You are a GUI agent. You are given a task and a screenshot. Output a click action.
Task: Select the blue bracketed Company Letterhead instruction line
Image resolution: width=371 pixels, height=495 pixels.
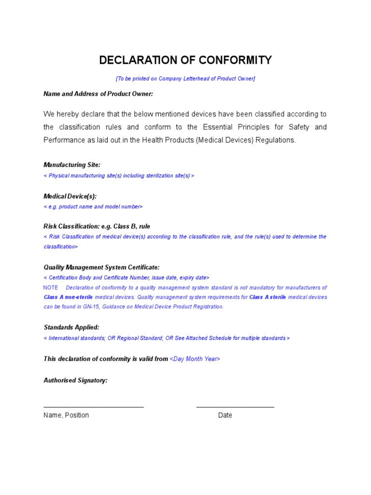(x=185, y=78)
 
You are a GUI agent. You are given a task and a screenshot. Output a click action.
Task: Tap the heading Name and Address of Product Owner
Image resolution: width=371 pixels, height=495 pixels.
(x=98, y=94)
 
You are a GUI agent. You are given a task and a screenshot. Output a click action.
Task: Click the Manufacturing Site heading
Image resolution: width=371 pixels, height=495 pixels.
(x=72, y=165)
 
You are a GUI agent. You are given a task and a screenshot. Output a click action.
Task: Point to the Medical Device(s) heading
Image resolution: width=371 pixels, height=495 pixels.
(x=70, y=196)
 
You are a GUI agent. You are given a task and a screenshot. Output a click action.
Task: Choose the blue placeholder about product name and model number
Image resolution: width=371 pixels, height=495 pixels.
(x=93, y=207)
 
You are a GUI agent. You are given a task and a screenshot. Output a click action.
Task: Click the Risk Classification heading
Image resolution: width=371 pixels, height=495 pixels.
(x=97, y=226)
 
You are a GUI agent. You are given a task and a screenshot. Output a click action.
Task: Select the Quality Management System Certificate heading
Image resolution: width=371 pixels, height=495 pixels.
(x=101, y=267)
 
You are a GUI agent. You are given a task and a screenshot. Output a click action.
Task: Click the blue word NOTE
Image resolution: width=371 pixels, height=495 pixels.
(x=51, y=288)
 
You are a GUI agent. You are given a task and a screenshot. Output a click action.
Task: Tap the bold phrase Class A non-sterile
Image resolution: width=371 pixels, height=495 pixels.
(x=68, y=297)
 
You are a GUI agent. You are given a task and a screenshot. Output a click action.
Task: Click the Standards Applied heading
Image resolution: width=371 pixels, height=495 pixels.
(x=71, y=327)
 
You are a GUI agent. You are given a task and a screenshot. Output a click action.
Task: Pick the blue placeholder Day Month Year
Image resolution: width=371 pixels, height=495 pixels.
(x=195, y=359)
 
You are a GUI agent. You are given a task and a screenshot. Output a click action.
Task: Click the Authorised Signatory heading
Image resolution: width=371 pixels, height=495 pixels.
(x=75, y=380)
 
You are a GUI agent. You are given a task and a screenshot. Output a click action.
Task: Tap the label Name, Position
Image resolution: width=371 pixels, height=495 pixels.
(x=66, y=415)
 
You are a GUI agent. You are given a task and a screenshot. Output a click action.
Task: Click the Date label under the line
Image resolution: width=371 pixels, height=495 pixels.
(x=225, y=415)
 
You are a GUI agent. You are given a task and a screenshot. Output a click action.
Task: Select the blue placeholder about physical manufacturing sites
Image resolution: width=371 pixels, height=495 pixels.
(x=119, y=176)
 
